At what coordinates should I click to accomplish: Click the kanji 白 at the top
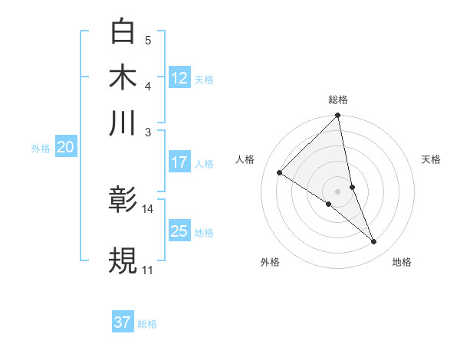123,31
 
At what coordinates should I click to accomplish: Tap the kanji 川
123,123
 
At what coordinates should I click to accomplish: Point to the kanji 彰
123,201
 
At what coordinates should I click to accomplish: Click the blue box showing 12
179,78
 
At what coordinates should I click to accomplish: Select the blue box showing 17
179,162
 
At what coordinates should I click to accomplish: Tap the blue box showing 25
179,231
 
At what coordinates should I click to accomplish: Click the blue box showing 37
123,322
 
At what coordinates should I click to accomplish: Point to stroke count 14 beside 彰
148,208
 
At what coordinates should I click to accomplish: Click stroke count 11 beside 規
147,270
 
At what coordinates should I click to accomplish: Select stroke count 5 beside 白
148,40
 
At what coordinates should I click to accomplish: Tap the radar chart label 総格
338,100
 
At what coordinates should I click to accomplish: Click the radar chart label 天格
431,159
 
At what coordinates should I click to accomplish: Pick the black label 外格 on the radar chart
270,262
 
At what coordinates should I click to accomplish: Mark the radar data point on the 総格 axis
338,116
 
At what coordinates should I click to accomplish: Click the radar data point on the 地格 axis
374,241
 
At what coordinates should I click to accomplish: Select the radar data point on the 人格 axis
280,172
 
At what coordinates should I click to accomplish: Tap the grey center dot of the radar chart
338,191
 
